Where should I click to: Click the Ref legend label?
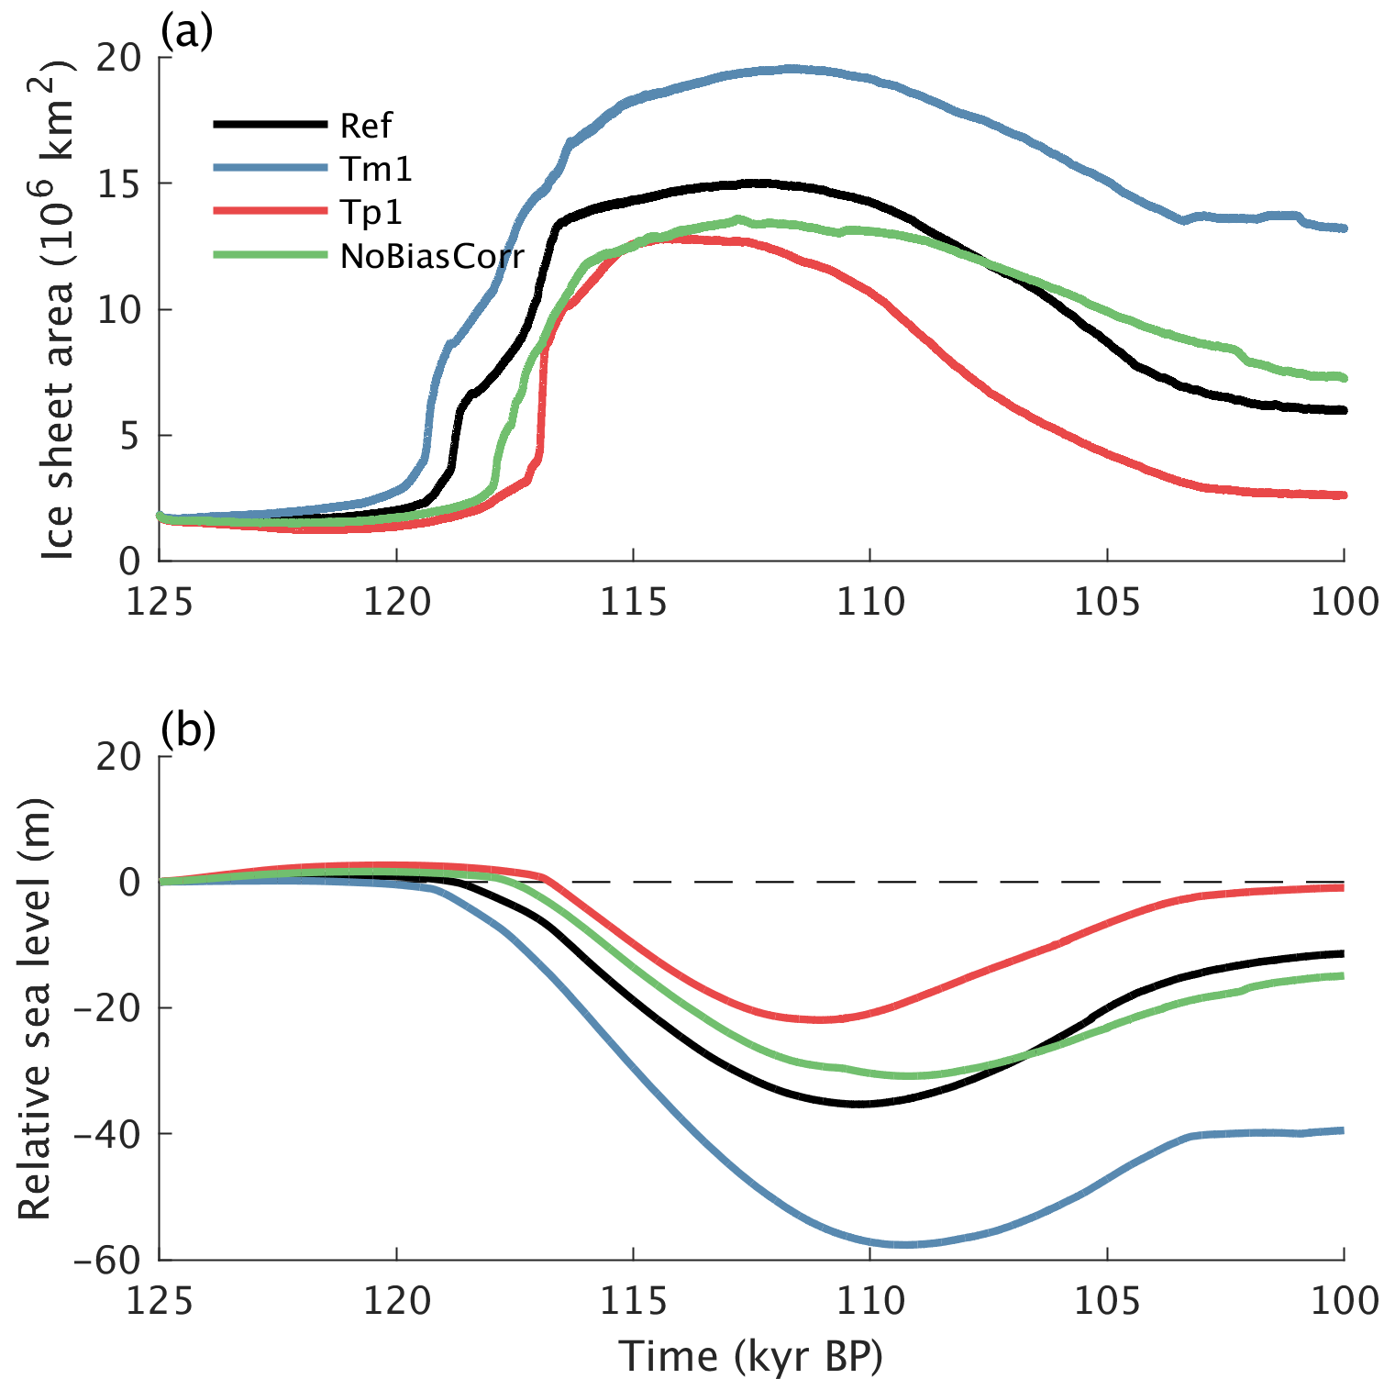tap(366, 125)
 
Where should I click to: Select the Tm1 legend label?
tap(376, 169)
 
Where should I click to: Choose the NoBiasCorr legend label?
tap(432, 257)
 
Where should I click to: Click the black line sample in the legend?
tap(271, 124)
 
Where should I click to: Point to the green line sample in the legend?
tap(271, 256)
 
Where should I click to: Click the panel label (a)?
tap(186, 31)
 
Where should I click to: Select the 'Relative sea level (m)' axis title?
tap(35, 1009)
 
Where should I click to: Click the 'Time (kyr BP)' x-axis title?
tap(750, 1356)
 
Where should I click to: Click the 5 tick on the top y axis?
tap(129, 436)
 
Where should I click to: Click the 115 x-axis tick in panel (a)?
tap(634, 603)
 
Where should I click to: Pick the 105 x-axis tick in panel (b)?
tap(1107, 1300)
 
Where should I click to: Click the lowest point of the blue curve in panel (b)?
tap(903, 1244)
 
